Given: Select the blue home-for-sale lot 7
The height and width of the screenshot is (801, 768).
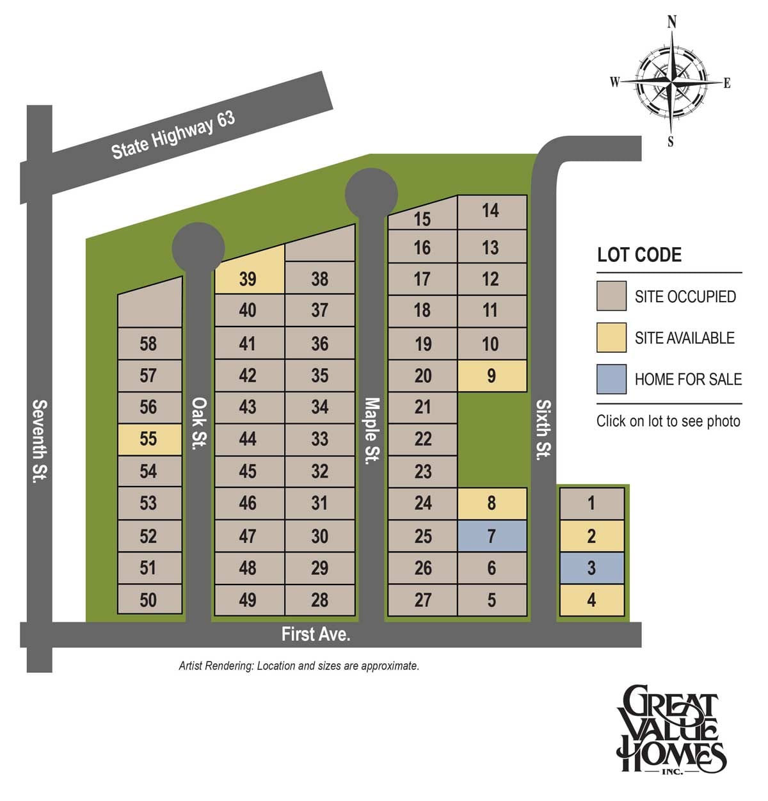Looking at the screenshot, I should pos(492,535).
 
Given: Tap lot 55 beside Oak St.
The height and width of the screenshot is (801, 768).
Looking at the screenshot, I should pos(149,439).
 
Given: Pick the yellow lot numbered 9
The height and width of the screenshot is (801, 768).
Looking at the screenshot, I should pos(492,375).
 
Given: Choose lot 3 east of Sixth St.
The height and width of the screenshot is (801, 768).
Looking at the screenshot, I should pos(591,567).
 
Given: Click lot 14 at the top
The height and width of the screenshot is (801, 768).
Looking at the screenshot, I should pos(491,211).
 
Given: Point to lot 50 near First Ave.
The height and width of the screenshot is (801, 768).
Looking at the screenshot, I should pos(148,600).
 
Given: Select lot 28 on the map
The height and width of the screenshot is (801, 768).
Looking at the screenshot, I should pos(319,600).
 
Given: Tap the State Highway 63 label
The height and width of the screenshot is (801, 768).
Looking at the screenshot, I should pos(173,135).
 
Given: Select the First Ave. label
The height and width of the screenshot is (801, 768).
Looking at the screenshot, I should pos(316,634).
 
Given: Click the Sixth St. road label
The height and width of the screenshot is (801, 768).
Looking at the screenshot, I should pos(543,429).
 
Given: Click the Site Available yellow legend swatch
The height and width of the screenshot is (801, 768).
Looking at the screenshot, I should pos(611,337).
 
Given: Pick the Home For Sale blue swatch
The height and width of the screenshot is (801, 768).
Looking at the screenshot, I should pos(611,379).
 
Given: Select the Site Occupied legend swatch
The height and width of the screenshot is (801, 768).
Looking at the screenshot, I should pos(611,296).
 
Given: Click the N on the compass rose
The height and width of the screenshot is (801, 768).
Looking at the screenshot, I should pos(671,22).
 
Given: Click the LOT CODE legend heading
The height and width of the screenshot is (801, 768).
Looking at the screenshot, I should pos(639,255).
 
